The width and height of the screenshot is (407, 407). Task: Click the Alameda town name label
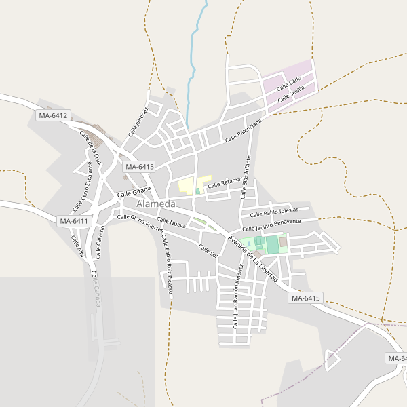pos(156,203)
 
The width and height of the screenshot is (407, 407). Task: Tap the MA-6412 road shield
pos(53,116)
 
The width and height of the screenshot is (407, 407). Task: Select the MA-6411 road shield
pos(74,221)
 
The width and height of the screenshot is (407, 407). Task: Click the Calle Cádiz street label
pos(289,85)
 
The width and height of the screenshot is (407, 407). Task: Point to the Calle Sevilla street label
pos(296,93)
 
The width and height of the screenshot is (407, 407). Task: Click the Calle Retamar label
pos(225,182)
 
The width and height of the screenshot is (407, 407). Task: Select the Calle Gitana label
pos(133,194)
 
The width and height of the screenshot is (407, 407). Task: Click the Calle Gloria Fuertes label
pos(140,222)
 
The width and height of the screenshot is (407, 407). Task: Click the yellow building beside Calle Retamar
pos(185,185)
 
